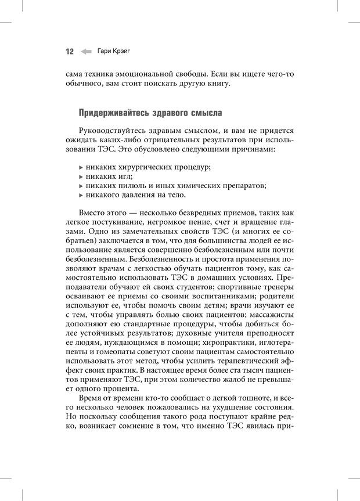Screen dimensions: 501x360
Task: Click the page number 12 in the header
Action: coord(69,52)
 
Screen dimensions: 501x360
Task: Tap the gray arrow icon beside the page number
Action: coord(87,52)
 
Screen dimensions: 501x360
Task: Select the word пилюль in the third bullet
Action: coord(135,186)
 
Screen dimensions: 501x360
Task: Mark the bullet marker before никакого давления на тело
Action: coord(80,195)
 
